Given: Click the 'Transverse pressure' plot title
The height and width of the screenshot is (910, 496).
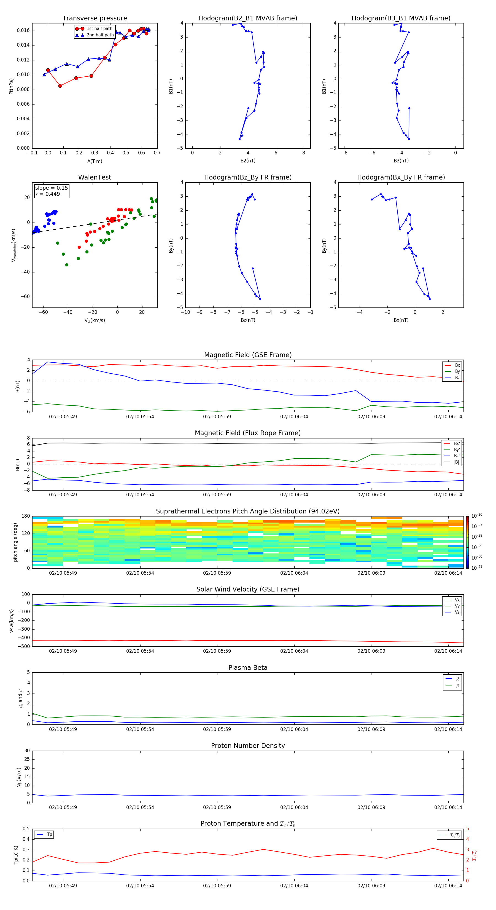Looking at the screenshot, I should [x=95, y=18].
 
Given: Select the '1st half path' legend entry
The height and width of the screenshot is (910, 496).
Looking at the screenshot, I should [x=99, y=29].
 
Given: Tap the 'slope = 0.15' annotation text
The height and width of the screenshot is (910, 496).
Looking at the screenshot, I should [x=51, y=188].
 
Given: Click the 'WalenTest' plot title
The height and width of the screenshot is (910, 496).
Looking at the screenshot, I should [x=95, y=177].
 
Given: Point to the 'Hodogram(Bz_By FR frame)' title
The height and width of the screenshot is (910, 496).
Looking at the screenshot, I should [x=248, y=177].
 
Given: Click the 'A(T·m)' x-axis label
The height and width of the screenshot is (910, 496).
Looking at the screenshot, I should [x=95, y=161].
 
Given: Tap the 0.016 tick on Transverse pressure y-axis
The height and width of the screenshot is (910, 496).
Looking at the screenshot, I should [x=23, y=30].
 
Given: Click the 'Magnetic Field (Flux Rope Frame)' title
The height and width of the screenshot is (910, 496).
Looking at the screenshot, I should [x=248, y=433].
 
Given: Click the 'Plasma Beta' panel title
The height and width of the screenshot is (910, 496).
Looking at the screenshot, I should [x=248, y=668].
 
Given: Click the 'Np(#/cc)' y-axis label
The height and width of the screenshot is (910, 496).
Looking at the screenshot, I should [x=19, y=777].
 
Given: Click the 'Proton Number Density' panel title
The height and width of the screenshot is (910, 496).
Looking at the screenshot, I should [x=248, y=746].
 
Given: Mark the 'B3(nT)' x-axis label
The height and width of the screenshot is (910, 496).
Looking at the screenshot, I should [x=401, y=161].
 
